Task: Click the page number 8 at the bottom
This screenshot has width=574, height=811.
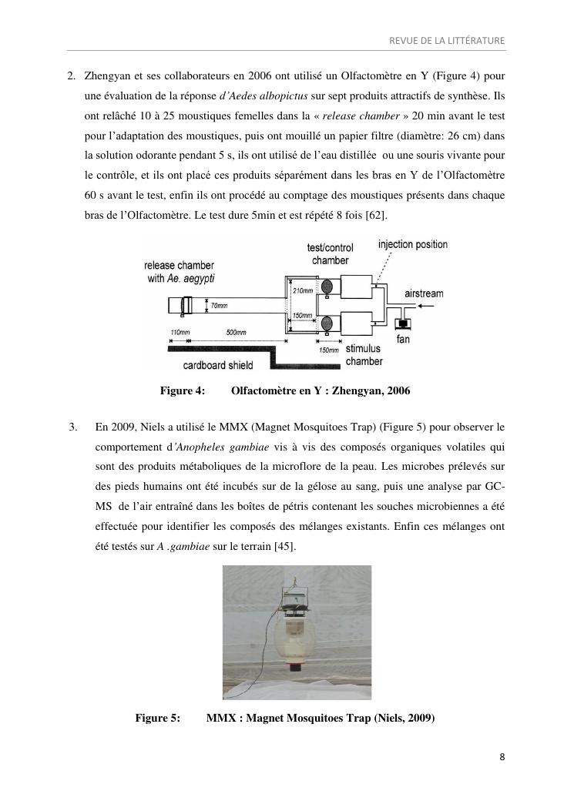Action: click(x=502, y=756)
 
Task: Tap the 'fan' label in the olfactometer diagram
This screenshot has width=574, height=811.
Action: click(x=403, y=340)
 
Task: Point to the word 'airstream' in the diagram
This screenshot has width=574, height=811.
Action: click(x=424, y=294)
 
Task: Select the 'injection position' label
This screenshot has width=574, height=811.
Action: click(x=412, y=245)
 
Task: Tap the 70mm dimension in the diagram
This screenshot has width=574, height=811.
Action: click(x=220, y=307)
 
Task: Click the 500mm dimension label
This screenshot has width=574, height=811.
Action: click(x=236, y=333)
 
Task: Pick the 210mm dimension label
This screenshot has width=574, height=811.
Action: click(x=303, y=291)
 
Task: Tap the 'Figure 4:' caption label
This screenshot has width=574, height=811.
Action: click(x=183, y=390)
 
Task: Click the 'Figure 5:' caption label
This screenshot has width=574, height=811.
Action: click(x=158, y=719)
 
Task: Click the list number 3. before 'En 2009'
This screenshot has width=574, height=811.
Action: click(x=74, y=426)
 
